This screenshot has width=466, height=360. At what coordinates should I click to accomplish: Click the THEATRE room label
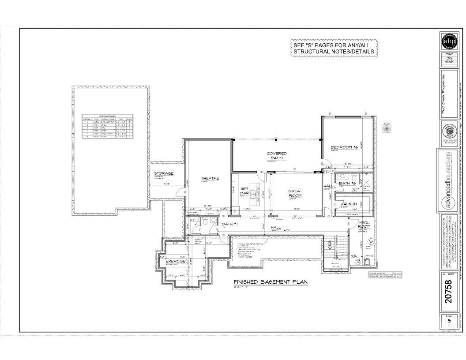(x=210, y=178)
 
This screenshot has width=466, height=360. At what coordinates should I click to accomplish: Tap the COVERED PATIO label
(x=277, y=156)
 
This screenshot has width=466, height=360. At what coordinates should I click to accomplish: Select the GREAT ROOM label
(x=295, y=193)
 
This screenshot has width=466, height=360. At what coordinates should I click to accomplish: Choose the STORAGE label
(x=164, y=173)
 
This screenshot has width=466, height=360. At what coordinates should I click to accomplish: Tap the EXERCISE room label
(x=175, y=261)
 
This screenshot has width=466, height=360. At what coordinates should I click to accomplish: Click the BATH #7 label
(x=229, y=224)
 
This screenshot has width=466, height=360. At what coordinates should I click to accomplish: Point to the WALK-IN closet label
(x=349, y=203)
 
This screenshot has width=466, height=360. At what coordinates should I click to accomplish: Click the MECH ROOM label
(x=364, y=225)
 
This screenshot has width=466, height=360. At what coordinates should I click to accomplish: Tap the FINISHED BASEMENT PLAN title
(x=270, y=282)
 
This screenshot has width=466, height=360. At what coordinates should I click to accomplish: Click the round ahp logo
(x=449, y=41)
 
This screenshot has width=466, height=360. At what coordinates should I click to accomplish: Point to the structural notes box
(x=334, y=48)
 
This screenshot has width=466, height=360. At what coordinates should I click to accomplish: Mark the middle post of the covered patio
(x=276, y=140)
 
